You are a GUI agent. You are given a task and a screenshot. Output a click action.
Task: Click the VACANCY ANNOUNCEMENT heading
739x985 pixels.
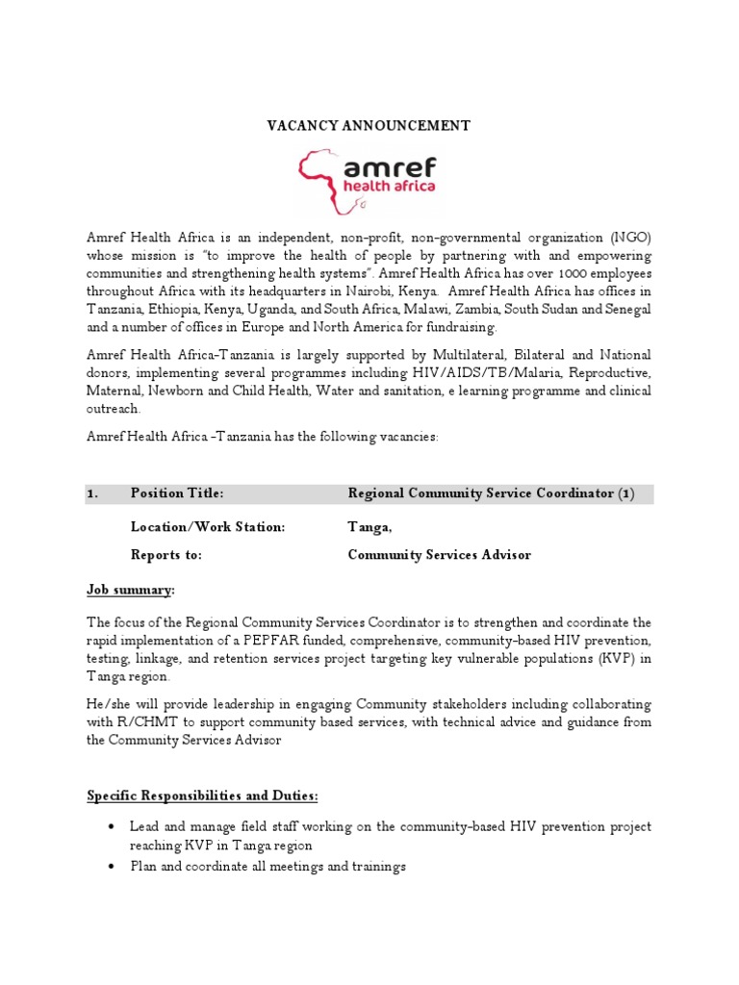pos(368,126)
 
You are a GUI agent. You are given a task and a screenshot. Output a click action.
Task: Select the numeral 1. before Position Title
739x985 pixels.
pos(93,493)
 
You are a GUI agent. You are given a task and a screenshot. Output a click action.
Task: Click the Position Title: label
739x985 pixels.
pos(177,493)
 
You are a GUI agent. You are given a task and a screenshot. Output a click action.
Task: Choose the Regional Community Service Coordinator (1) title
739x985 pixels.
pos(491,493)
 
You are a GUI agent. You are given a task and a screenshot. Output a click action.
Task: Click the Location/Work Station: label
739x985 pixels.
pos(208,527)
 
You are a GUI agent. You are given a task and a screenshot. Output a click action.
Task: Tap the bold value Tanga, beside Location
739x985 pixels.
pos(369,527)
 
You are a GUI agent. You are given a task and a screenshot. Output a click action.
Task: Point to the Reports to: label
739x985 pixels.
pos(166,555)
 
